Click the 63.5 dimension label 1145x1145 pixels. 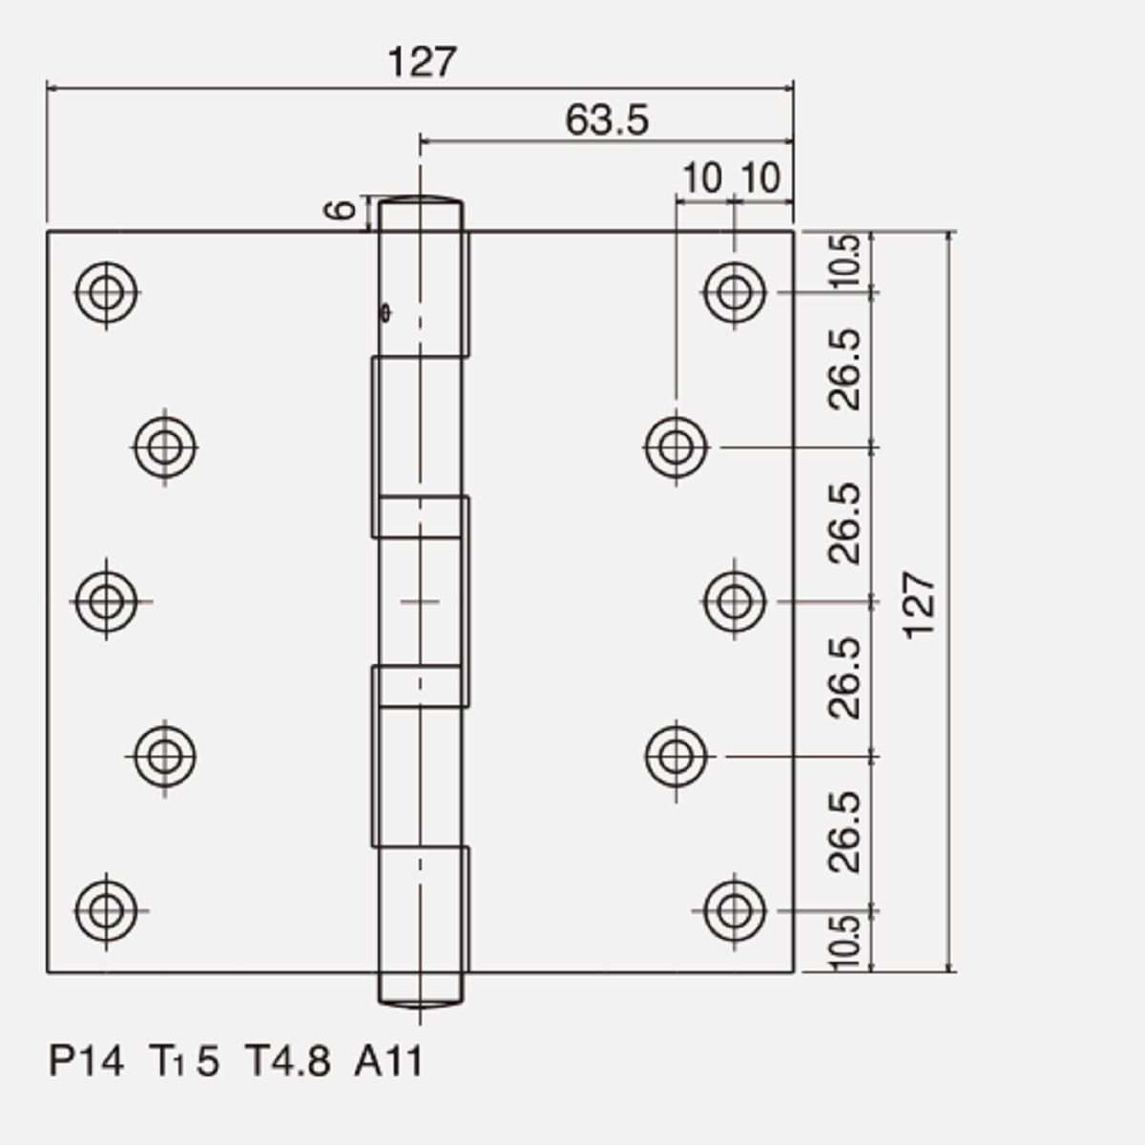(607, 120)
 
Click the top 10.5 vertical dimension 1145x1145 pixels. (844, 261)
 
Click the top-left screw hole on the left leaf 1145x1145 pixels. (106, 292)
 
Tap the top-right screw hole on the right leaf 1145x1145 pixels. (735, 292)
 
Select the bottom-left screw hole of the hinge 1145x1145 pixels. (106, 911)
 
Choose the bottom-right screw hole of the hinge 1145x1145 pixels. (735, 911)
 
